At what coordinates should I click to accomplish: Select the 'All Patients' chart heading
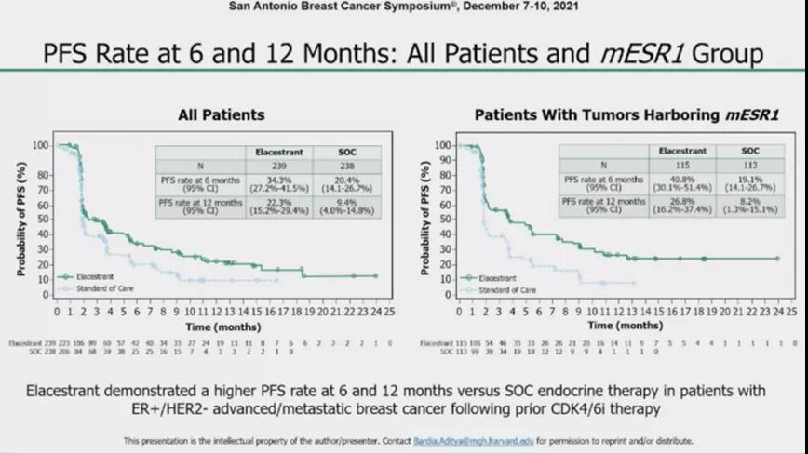[222, 114]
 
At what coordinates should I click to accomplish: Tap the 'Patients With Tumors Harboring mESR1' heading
[626, 114]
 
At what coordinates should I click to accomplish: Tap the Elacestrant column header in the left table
[274, 150]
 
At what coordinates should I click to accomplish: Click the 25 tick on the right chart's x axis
[790, 312]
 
